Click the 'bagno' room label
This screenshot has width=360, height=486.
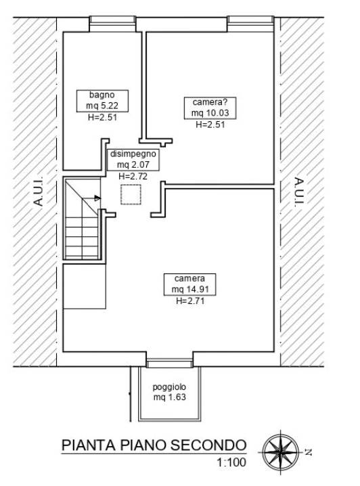[x=102, y=95]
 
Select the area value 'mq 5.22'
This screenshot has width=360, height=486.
[x=102, y=106]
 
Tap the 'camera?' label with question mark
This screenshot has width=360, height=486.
[x=210, y=102]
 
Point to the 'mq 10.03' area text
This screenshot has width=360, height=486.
[x=210, y=113]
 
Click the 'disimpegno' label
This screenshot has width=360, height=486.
[x=133, y=154]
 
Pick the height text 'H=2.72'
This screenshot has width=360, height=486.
[x=133, y=177]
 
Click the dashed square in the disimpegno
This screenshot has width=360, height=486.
[x=131, y=195]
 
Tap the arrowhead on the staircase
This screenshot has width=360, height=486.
[x=97, y=198]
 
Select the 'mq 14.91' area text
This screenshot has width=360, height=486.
[x=190, y=290]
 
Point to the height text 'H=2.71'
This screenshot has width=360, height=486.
[x=190, y=301]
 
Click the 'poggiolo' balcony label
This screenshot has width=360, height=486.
[x=169, y=387]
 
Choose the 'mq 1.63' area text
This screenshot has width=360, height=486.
[x=169, y=397]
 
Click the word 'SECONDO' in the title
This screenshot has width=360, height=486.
[x=208, y=445]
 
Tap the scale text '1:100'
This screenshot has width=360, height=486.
[x=231, y=462]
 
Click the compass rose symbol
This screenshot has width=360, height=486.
[x=281, y=452]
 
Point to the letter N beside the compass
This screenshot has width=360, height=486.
[x=308, y=452]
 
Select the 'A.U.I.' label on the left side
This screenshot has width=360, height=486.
[x=38, y=192]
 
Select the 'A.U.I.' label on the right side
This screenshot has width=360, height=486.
[x=299, y=192]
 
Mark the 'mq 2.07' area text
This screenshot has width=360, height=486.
[x=133, y=165]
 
